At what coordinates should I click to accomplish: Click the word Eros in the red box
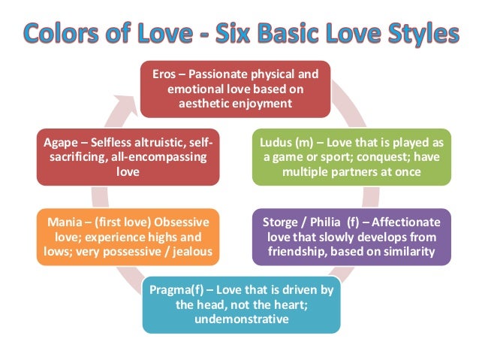[x=166, y=75]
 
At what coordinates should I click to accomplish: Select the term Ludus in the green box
[x=276, y=144]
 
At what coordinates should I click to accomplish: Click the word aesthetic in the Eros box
[x=204, y=104]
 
